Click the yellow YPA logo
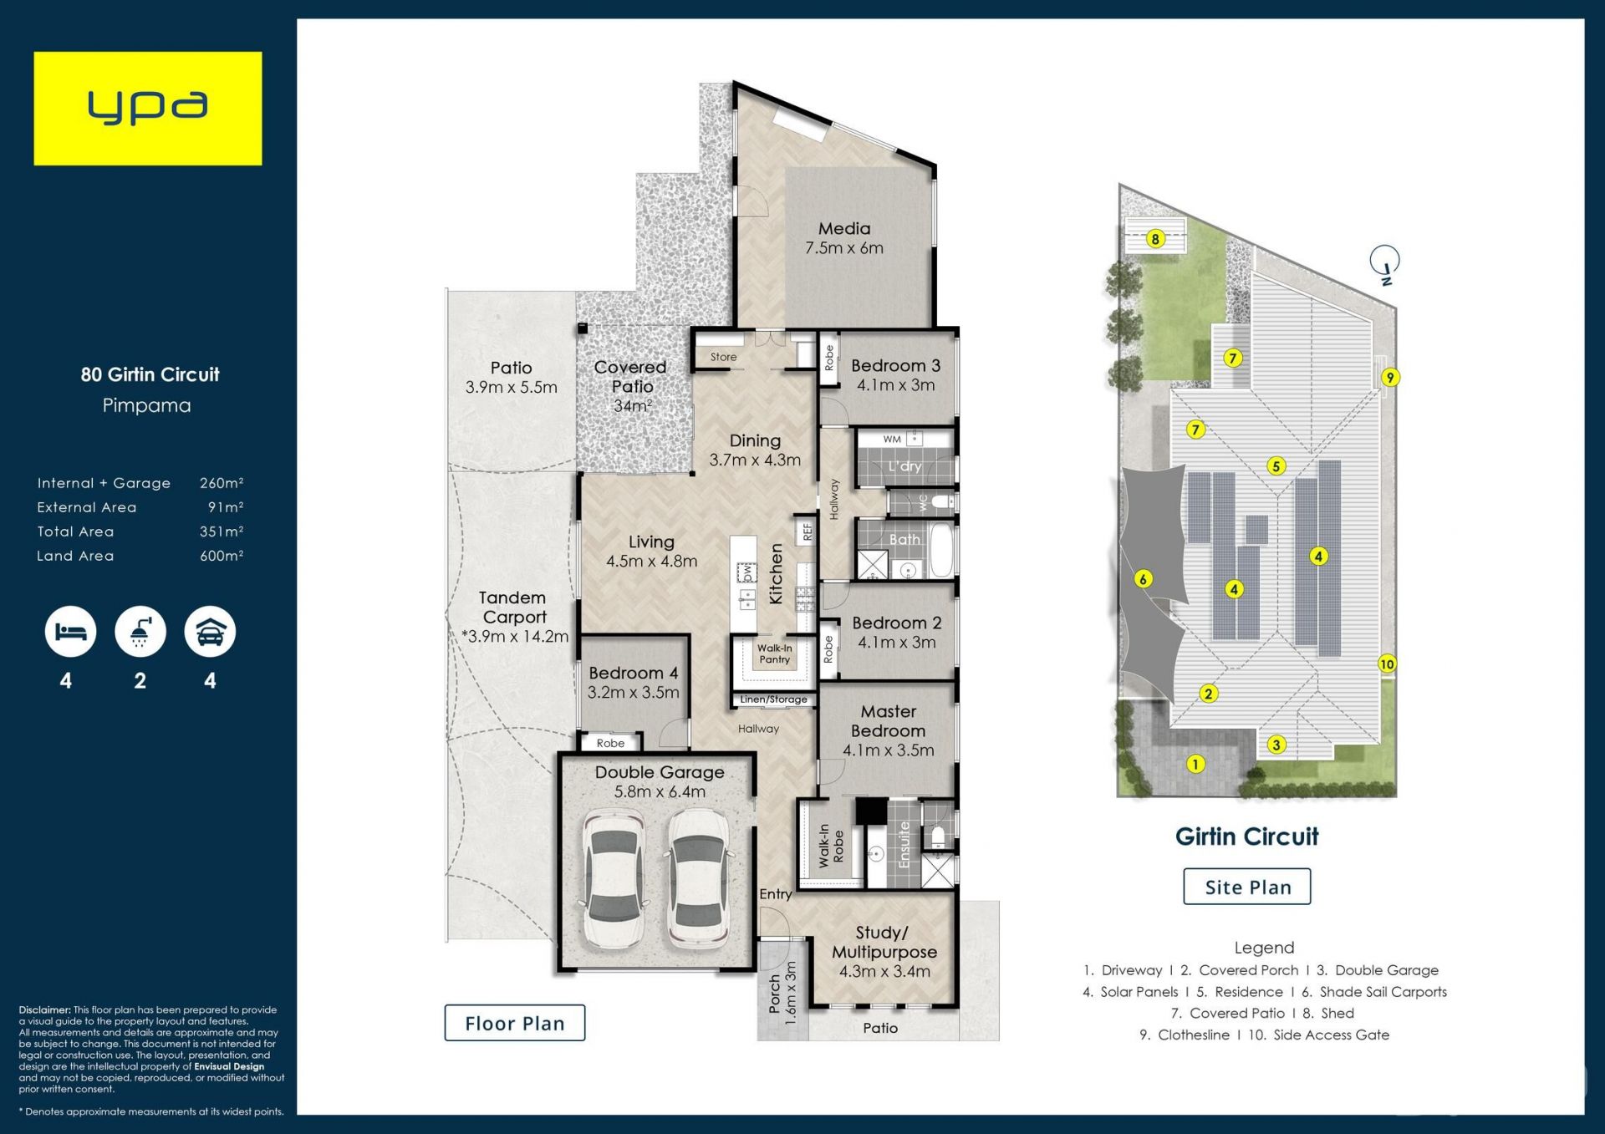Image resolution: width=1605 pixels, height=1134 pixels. tap(147, 109)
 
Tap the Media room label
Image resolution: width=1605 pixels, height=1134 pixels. tap(844, 228)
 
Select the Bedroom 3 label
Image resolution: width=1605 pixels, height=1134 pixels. tap(895, 366)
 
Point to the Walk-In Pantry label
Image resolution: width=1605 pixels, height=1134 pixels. tap(775, 653)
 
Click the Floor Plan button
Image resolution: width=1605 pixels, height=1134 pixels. tap(514, 1023)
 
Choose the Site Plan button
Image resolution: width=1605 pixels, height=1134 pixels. tap(1247, 887)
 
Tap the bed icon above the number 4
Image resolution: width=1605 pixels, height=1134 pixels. tap(70, 632)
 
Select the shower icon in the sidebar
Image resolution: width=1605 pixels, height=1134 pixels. tap(140, 632)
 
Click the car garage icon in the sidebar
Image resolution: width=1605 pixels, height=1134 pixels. tap(210, 632)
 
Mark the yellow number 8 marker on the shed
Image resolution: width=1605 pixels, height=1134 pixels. tap(1155, 239)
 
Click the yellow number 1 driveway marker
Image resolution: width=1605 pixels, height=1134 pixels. tap(1196, 764)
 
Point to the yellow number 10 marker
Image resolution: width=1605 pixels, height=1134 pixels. tap(1387, 664)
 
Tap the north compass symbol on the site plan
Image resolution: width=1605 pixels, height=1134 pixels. tap(1385, 262)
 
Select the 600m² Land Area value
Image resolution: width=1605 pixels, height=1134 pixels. tap(222, 556)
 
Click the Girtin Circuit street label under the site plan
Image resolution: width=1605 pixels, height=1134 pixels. tap(1246, 837)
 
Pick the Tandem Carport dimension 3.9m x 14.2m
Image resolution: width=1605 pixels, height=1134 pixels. tap(515, 637)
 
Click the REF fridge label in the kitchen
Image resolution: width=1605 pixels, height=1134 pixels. tap(808, 531)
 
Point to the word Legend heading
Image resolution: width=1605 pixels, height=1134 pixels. tap(1264, 948)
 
